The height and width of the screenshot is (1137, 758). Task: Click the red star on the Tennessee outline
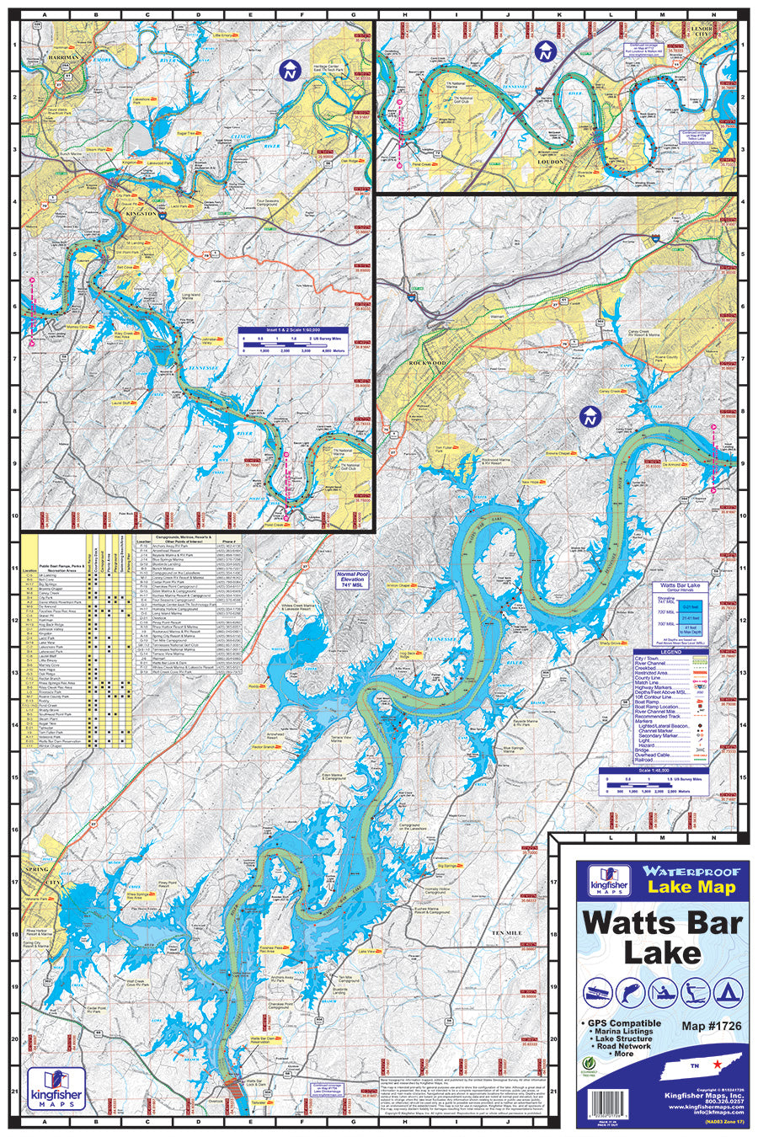tap(717, 1065)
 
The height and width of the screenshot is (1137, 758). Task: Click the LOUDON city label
tap(551, 162)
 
